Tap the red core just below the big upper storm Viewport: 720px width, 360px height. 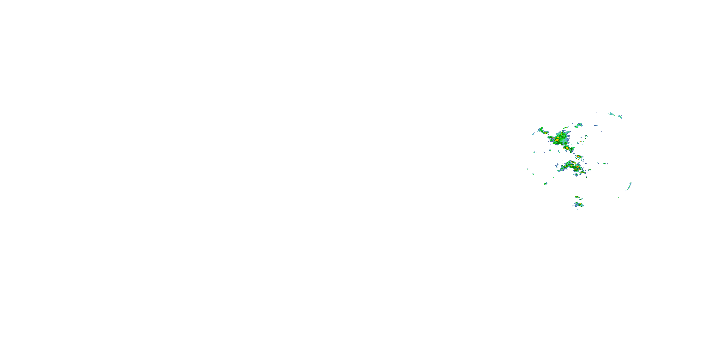tap(567, 148)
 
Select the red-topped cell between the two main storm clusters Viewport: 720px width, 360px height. tap(578, 156)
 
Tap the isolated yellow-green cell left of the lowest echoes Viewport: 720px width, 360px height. tap(546, 184)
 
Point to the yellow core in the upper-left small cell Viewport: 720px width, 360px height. tap(545, 133)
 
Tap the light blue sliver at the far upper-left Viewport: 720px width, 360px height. tap(533, 134)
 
